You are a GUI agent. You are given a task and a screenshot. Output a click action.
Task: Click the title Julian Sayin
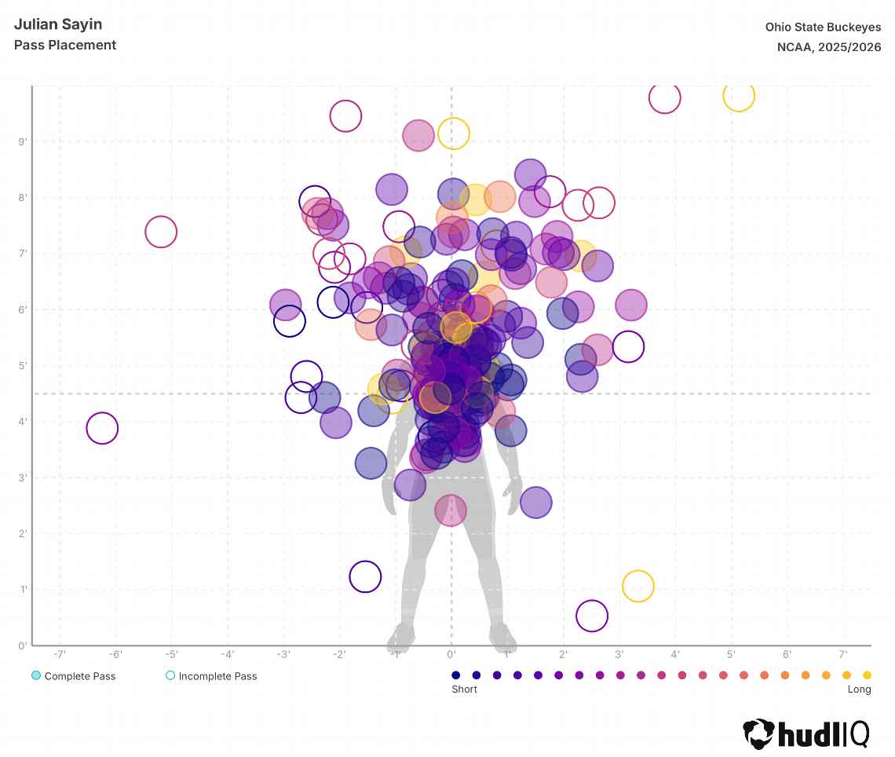point(57,24)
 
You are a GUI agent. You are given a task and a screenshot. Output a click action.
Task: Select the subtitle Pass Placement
point(65,45)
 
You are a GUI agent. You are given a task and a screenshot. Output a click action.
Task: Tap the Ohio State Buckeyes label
point(823,27)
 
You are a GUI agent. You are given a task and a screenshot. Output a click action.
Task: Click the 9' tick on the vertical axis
point(24,142)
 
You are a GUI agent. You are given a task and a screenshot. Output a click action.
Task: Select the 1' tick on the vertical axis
point(24,590)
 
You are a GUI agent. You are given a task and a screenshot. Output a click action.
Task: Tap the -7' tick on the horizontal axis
point(60,654)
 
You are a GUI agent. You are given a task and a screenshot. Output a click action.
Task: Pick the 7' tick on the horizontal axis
point(844,654)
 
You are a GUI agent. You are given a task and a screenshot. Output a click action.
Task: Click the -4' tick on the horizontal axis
point(228,654)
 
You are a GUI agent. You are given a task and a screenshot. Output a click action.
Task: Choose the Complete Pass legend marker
point(36,676)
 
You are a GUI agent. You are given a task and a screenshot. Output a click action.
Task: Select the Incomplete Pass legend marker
point(170,676)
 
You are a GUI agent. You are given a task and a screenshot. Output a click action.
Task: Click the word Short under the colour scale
point(464,689)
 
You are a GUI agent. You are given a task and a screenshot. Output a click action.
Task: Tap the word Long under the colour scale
point(859,689)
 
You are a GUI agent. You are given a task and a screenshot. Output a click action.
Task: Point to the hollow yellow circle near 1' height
point(638,586)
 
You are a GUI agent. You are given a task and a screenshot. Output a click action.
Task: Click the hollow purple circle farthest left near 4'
point(102,429)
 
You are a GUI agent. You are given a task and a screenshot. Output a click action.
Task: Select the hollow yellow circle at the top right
point(739,96)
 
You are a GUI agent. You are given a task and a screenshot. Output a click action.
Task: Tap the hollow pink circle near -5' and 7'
point(161,232)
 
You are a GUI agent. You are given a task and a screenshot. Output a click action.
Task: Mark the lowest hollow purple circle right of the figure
point(592,616)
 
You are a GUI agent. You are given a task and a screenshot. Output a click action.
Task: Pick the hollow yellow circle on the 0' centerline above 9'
point(454,133)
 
